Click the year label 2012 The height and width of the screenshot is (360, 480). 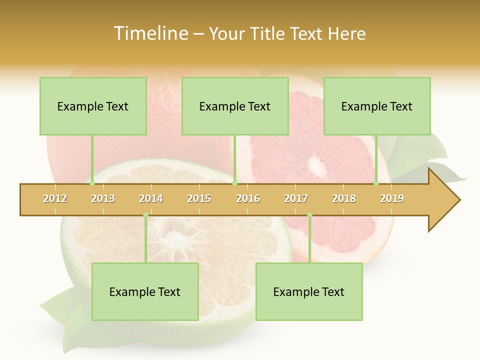pos(55,198)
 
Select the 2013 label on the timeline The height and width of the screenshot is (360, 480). pos(103,198)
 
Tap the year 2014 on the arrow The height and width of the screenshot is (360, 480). pos(151,198)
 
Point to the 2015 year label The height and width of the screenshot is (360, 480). pos(199,198)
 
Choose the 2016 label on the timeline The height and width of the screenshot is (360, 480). pos(248,198)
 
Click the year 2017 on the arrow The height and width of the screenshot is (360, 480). pos(296,198)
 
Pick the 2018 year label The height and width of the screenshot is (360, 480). pos(344,198)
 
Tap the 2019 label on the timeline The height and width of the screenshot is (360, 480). pos(392,198)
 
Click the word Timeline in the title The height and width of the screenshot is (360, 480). pos(149,33)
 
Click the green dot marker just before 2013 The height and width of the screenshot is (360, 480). pos(92,183)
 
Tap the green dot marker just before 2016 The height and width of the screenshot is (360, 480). pos(235,183)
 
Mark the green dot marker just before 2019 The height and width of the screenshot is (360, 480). pos(376,183)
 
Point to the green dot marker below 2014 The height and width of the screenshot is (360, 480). pos(145,215)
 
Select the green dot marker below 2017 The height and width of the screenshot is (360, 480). pos(309,215)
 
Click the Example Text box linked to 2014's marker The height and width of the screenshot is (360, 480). pos(145,291)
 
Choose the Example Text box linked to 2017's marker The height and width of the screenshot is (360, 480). pos(309,291)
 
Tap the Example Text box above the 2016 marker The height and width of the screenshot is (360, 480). pos(235,106)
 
